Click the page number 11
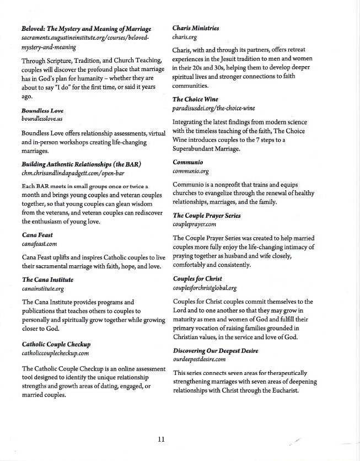161,439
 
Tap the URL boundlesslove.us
42,119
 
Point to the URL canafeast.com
40,243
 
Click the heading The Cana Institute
47,280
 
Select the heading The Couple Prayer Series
206,216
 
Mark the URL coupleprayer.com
194,224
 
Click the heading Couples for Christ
197,280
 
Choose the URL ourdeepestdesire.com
200,359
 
